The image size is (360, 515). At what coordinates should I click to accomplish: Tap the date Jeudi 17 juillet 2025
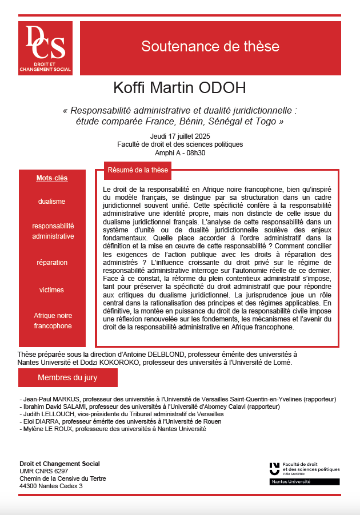[179, 135]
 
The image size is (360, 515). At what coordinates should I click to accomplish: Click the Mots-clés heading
[52, 178]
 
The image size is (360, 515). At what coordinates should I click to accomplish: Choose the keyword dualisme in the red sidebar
[52, 202]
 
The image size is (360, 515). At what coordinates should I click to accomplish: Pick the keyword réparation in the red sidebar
[52, 263]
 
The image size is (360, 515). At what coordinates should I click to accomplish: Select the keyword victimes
[52, 289]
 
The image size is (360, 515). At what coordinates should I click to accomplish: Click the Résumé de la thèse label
[138, 170]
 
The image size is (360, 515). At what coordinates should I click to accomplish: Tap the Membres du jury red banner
[67, 377]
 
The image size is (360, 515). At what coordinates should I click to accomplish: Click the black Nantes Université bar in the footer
[304, 482]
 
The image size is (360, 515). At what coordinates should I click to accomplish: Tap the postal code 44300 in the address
[29, 486]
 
